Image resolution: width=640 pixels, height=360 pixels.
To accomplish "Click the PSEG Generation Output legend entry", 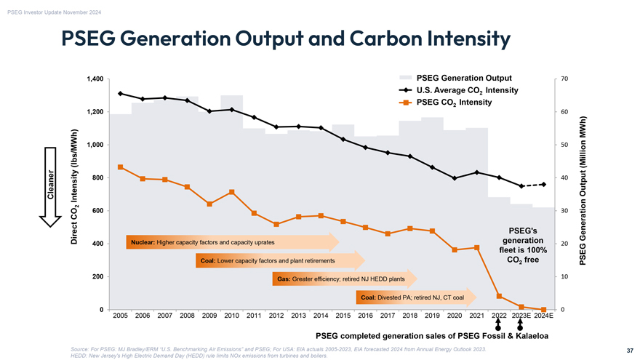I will click(463, 78).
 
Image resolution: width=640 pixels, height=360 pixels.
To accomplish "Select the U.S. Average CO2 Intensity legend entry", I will click(466, 90).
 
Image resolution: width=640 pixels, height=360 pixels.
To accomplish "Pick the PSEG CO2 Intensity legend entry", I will click(454, 102).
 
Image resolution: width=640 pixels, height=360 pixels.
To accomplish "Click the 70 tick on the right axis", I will click(565, 79).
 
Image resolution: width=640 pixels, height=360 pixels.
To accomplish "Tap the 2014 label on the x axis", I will click(321, 316).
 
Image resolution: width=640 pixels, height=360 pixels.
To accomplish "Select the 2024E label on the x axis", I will click(543, 316).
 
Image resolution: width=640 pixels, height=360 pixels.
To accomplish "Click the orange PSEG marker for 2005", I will click(120, 167).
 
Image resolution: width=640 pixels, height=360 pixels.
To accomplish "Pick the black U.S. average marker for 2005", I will click(120, 93).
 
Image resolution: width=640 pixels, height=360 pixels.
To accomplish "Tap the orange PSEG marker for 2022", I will click(499, 295).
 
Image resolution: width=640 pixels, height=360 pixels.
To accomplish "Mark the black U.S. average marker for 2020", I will click(455, 178).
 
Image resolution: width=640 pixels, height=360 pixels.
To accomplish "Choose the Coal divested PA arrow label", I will click(411, 297).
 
